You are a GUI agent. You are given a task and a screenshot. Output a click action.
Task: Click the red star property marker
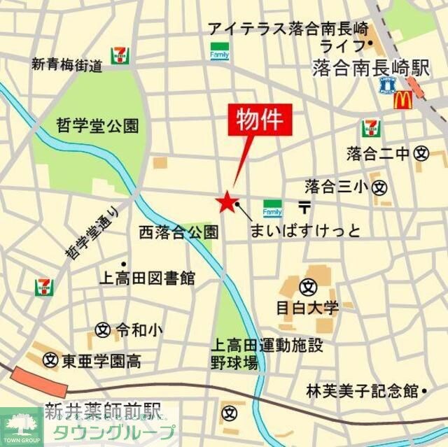[226, 202]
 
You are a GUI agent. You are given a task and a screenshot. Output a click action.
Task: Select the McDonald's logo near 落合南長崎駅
[402, 99]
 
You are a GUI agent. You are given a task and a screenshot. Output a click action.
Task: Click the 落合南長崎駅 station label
[370, 68]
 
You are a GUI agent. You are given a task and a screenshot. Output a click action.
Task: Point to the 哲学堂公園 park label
[97, 126]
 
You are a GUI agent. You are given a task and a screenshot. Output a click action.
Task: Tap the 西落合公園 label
[178, 232]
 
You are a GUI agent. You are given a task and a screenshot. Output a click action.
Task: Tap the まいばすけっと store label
[305, 230]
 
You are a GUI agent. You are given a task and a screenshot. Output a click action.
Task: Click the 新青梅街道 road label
[67, 65]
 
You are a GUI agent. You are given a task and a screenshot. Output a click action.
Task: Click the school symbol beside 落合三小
[379, 187]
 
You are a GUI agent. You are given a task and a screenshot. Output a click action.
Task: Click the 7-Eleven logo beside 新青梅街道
[120, 55]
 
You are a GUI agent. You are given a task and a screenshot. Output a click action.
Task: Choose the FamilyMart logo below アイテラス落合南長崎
[218, 50]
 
